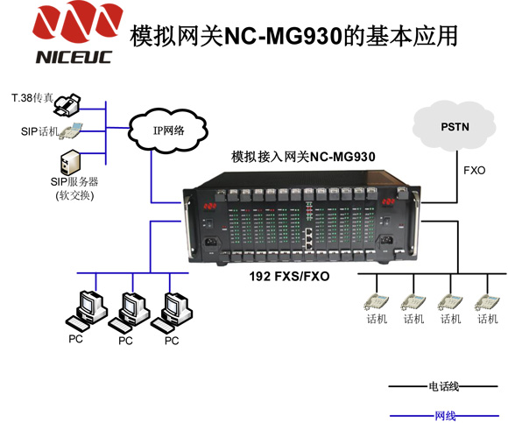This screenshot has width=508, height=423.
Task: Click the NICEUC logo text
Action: pyautogui.click(x=74, y=57)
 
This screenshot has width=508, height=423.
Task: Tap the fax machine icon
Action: pyautogui.click(x=67, y=104)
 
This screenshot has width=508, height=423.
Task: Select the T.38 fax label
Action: pyautogui.click(x=32, y=97)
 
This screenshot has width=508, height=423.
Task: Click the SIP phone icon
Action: pyautogui.click(x=70, y=131)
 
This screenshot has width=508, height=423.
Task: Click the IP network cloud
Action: pyautogui.click(x=168, y=130)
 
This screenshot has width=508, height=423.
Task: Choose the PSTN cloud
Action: pyautogui.click(x=455, y=126)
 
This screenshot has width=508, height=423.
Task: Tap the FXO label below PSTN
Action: pyautogui.click(x=475, y=171)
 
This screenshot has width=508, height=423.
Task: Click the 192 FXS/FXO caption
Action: pyautogui.click(x=289, y=276)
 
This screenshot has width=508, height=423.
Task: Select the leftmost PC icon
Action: pyautogui.click(x=87, y=310)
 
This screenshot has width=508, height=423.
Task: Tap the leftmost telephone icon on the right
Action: pyautogui.click(x=376, y=302)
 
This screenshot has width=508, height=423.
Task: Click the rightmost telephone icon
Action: pyautogui.click(x=487, y=302)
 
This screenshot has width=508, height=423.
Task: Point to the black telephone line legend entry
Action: pyautogui.click(x=443, y=386)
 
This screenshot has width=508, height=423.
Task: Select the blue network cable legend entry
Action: pyautogui.click(x=445, y=415)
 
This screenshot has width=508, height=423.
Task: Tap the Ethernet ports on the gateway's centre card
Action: pyautogui.click(x=309, y=239)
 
